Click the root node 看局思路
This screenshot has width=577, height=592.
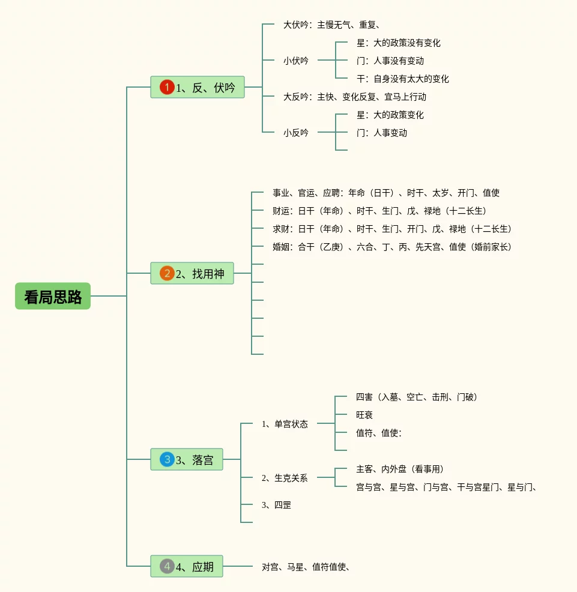53,296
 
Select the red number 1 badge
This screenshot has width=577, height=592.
167,88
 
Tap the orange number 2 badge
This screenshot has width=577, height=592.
167,274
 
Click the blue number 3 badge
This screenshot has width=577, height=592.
167,460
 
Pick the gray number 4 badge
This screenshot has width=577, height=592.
167,566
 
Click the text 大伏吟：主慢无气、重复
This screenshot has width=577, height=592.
331,25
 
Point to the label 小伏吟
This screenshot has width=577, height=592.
296,61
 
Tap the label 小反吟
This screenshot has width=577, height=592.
296,133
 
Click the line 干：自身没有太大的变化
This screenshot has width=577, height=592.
402,79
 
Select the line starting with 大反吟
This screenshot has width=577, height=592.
354,97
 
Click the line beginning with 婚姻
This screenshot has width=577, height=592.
392,247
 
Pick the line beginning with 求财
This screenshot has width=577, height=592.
392,229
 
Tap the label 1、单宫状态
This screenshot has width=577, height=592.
285,424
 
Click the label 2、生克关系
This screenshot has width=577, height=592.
285,478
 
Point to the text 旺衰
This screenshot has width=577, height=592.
364,415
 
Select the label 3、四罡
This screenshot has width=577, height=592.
276,505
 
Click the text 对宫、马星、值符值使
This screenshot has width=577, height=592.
306,566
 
